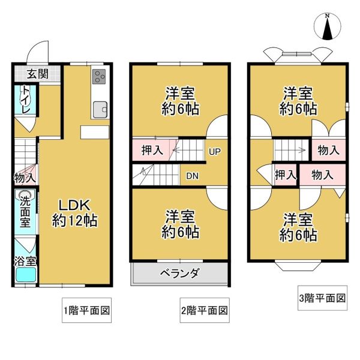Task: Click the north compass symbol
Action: (x=328, y=27)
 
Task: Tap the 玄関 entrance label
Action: (x=38, y=74)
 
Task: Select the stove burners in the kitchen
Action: (x=99, y=76)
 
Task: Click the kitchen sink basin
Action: (x=100, y=109)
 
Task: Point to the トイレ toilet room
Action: (x=25, y=101)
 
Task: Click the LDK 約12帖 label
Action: (x=74, y=212)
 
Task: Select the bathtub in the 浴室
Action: (x=26, y=275)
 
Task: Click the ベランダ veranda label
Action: (x=179, y=273)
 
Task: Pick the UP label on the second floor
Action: (x=215, y=152)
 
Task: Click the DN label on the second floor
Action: (x=193, y=176)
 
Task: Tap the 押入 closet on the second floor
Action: (x=152, y=150)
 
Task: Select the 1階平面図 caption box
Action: (x=86, y=310)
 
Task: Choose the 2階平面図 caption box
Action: (x=205, y=310)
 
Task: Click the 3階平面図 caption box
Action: (x=322, y=298)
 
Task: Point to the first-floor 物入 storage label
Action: (x=25, y=178)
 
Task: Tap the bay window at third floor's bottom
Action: (x=298, y=266)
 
